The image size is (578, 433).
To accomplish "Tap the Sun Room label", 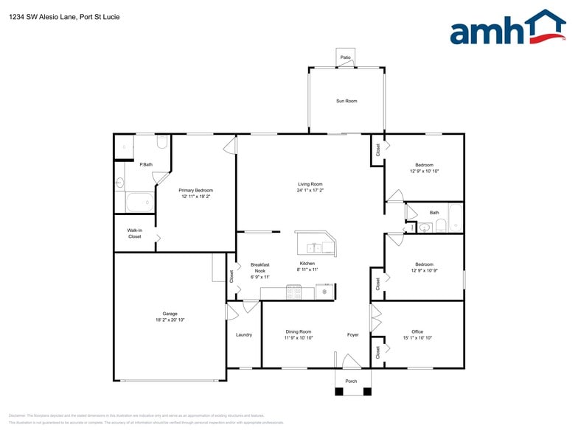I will click(x=347, y=101).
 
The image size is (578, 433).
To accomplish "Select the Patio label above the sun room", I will click(x=345, y=57).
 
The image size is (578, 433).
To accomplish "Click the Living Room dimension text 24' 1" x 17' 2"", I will click(x=310, y=191).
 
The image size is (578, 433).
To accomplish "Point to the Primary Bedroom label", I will click(x=195, y=190).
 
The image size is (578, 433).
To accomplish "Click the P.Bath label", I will click(x=146, y=164).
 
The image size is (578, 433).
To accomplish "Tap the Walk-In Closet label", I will click(x=134, y=233).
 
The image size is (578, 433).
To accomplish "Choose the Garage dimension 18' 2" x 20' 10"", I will click(x=170, y=320).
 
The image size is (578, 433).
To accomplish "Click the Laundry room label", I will click(x=244, y=335).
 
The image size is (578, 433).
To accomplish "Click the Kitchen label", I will click(x=307, y=264).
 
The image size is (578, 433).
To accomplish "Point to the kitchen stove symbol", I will click(x=293, y=293).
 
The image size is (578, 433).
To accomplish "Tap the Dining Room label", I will click(x=299, y=331).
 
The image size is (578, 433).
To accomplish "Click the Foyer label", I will click(x=353, y=335).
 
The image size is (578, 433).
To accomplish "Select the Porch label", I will click(x=351, y=381).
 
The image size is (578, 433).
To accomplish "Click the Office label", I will click(x=417, y=331).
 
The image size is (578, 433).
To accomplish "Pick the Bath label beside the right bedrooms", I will click(x=434, y=213).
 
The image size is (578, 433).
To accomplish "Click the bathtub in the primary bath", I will click(x=139, y=202).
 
